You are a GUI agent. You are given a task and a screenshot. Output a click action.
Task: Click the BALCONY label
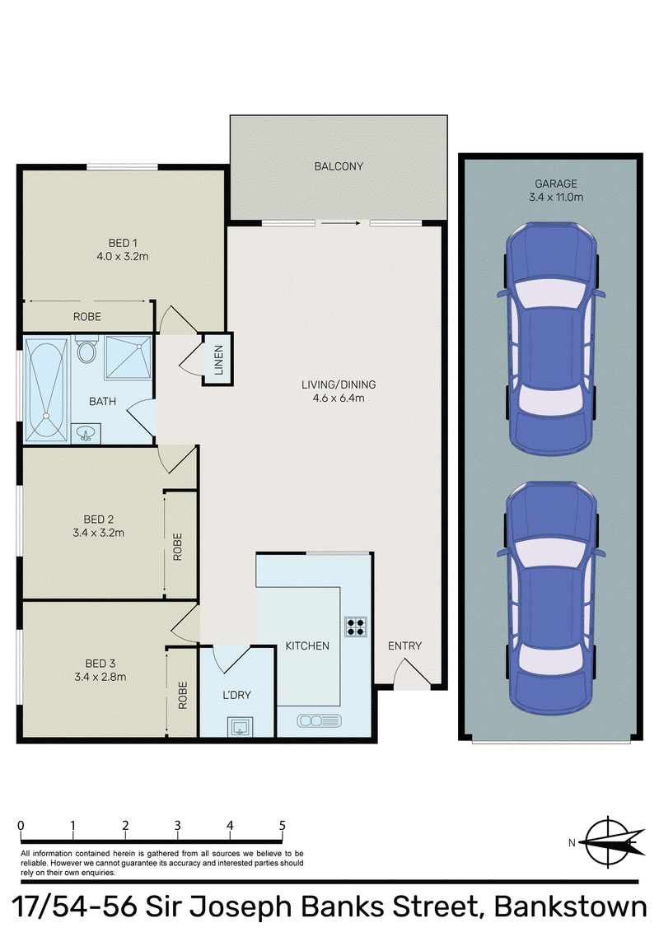pyautogui.click(x=339, y=166)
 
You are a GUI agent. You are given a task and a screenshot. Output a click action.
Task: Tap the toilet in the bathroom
pyautogui.click(x=86, y=349)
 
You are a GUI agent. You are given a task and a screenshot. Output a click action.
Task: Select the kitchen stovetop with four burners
pyautogui.click(x=356, y=627)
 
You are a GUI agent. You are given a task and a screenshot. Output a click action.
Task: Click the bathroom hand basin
pyautogui.click(x=86, y=434)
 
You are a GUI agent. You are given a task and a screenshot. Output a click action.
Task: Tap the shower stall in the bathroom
pyautogui.click(x=128, y=356)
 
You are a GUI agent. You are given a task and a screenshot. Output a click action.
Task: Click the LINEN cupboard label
pyautogui.click(x=218, y=360)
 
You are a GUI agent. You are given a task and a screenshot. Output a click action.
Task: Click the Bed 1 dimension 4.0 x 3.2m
pyautogui.click(x=123, y=257)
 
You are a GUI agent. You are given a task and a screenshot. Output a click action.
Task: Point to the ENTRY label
pyautogui.click(x=404, y=645)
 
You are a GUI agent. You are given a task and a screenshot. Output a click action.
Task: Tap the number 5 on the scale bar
pyautogui.click(x=282, y=826)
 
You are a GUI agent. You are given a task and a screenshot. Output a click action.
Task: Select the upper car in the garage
pyautogui.click(x=551, y=339)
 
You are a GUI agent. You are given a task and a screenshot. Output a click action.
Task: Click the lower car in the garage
pyautogui.click(x=551, y=599)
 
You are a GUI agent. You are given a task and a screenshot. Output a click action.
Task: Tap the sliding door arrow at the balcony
pyautogui.click(x=341, y=223)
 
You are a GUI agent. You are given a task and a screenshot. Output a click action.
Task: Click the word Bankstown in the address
pyautogui.click(x=570, y=907)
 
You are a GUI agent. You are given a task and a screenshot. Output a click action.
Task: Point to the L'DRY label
pyautogui.click(x=236, y=695)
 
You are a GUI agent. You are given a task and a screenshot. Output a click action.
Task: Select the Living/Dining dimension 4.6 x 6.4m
pyautogui.click(x=339, y=398)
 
